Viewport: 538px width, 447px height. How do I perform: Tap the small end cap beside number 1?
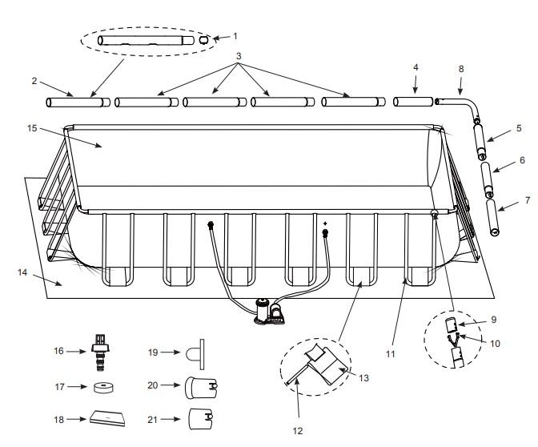coord(204,38)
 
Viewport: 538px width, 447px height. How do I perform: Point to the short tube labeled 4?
coord(412,102)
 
